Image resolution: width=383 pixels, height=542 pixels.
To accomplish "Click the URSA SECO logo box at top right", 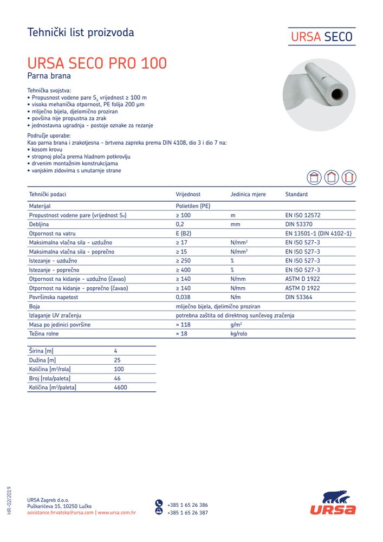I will point(321,37).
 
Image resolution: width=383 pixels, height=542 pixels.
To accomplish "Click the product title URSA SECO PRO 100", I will point(97,63).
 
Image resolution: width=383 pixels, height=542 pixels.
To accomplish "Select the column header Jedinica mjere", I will point(248,194).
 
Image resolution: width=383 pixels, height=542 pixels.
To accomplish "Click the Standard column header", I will point(296,194).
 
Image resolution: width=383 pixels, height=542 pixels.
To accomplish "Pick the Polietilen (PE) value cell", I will point(193,206).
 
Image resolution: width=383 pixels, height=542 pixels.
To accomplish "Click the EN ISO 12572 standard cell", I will point(303,215).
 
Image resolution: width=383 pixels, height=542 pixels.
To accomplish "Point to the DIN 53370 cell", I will point(297,224).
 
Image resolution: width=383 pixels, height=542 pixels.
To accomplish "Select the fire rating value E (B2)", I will point(187,234).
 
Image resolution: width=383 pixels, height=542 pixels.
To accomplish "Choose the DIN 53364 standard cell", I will point(298,297).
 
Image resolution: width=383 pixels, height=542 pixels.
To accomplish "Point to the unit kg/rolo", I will point(239,334).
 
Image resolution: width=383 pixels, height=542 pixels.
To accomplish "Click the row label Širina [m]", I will point(41,351).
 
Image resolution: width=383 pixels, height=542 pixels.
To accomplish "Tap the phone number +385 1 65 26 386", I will point(187,505).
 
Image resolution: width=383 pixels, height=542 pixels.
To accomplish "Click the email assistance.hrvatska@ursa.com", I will point(60,512).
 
